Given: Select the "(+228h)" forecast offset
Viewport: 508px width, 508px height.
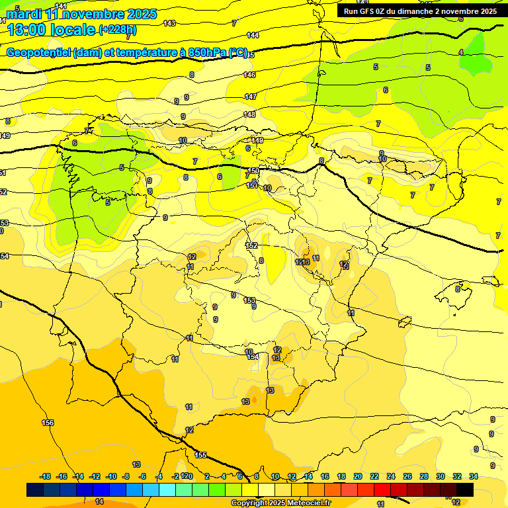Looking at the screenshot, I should [118, 29].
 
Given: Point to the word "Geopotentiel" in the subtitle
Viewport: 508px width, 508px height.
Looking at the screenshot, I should [39, 53].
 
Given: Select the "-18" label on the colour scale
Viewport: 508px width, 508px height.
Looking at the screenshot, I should [46, 476].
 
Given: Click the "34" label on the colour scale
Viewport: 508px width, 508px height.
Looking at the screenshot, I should [474, 476].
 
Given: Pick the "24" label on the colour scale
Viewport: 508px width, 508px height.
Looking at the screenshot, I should [391, 476].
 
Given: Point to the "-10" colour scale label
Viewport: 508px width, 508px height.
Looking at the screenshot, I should [112, 476].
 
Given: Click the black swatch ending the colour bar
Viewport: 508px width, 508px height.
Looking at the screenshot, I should [465, 489].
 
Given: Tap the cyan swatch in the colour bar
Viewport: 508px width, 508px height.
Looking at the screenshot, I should [167, 489].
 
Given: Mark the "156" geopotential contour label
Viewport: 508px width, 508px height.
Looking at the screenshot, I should [48, 423].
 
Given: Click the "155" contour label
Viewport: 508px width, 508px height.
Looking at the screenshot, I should [200, 455].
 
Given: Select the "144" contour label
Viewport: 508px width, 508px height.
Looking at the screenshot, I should [253, 35].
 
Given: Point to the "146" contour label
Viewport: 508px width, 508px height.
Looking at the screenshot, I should [249, 75].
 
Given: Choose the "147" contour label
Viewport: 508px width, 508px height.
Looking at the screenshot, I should [250, 97].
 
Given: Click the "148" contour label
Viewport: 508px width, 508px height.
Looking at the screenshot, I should [249, 114].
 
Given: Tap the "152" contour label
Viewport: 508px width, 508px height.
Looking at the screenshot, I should [251, 245].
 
